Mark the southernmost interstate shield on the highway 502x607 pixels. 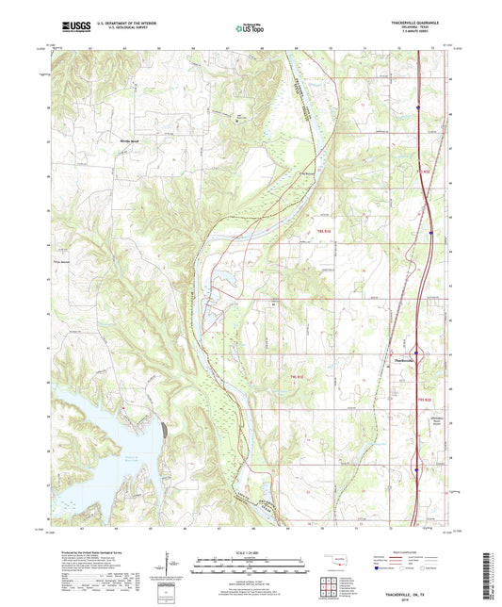coord(418,463)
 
